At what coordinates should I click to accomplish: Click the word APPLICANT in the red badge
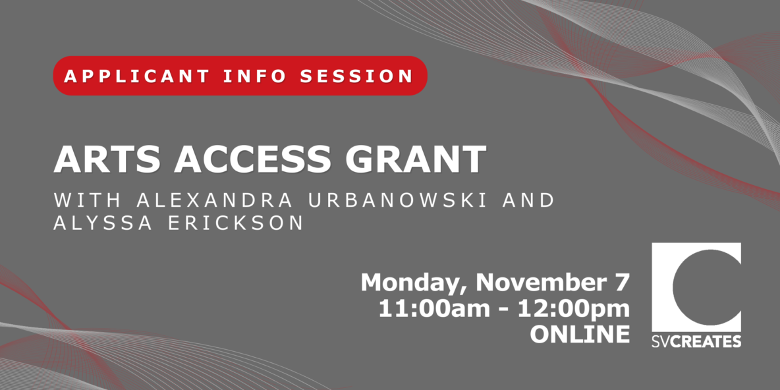tap(136, 76)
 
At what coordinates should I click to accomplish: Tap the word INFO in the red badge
tap(254, 76)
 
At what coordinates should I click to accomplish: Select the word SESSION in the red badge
tap(356, 76)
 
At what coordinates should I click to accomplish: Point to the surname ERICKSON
tap(235, 223)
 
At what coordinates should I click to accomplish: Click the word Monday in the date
tap(414, 283)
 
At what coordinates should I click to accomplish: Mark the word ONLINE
tap(580, 334)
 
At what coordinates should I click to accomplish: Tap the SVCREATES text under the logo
tap(696, 341)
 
